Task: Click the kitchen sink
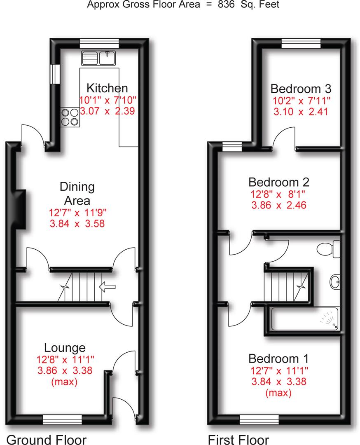tap(99, 58)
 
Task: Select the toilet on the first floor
tap(330, 249)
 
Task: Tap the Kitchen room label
tap(107, 88)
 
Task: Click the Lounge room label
tap(65, 347)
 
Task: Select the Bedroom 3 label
tap(301, 89)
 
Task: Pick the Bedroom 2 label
tap(278, 182)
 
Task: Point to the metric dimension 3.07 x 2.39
tap(107, 111)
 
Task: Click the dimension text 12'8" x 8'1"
tap(278, 194)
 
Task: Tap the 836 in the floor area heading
tap(227, 5)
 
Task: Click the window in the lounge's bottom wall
tap(62, 420)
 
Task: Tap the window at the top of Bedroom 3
tap(301, 43)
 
